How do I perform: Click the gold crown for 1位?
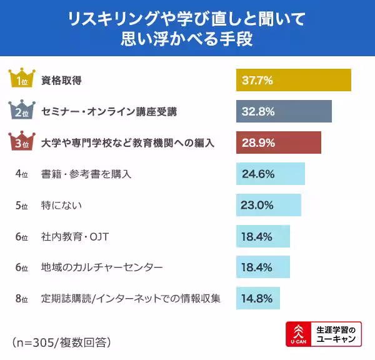(x=21, y=78)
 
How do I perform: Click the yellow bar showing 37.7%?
(x=293, y=80)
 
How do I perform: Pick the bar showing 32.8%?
(x=284, y=111)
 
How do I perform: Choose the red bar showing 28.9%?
(x=278, y=142)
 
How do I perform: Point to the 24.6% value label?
(x=257, y=174)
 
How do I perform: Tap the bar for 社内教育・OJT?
(x=263, y=236)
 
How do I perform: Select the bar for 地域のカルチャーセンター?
(x=263, y=267)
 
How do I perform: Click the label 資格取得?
(x=62, y=80)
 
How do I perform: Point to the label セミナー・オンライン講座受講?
(x=109, y=111)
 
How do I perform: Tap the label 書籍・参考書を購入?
(x=86, y=174)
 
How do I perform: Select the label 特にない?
(x=62, y=205)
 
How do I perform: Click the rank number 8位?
(x=21, y=299)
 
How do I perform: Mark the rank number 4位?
(x=21, y=174)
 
